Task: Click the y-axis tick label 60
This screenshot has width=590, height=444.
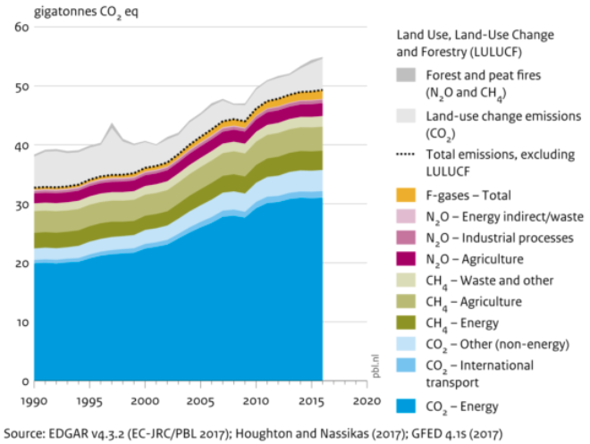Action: (21, 28)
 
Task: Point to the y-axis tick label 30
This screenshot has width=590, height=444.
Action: (21, 205)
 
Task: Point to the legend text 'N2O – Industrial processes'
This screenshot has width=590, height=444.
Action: (499, 237)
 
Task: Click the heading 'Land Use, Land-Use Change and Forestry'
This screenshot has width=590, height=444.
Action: (475, 43)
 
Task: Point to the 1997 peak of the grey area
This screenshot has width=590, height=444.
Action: (111, 125)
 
